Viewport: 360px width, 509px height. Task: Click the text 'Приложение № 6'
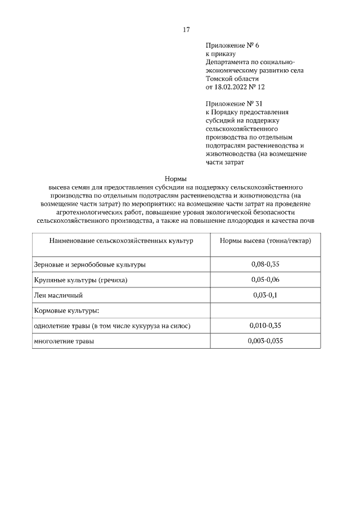(232, 44)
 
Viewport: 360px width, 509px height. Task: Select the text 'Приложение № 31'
(234, 103)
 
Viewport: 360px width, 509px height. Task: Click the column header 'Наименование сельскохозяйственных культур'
(121, 240)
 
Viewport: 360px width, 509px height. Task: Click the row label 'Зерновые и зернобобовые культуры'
(90, 264)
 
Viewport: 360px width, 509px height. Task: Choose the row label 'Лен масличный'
(58, 295)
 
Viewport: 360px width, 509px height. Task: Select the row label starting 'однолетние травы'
(112, 325)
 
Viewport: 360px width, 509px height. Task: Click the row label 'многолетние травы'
(65, 340)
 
